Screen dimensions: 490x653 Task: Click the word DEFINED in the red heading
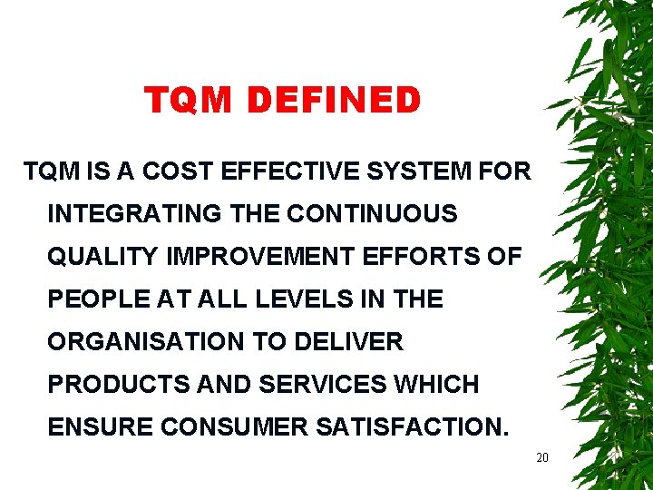[x=334, y=101]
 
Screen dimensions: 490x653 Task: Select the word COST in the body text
[x=181, y=171]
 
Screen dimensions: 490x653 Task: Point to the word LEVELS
[x=299, y=299]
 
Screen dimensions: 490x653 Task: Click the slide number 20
[x=542, y=458]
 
